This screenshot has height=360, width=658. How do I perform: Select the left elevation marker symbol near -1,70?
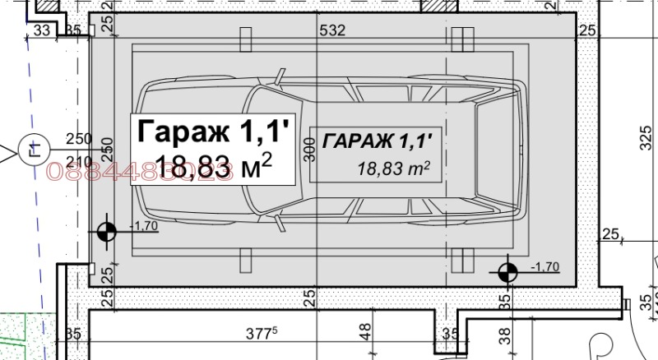click(x=105, y=232)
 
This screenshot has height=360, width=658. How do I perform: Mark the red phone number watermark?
click(x=140, y=170)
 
